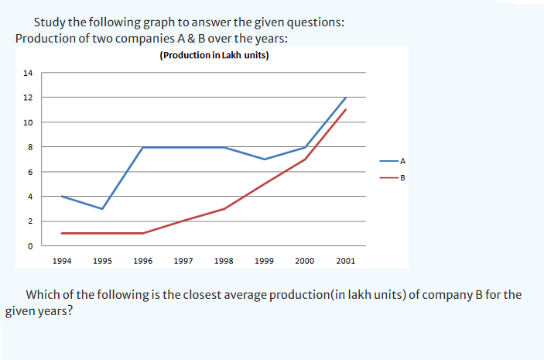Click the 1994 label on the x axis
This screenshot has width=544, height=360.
coord(62,261)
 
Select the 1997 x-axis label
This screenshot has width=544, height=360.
coord(183,261)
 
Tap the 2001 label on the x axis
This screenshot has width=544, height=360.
coord(345,261)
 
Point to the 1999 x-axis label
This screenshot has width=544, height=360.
coord(265,261)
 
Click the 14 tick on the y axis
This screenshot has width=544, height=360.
coord(28,73)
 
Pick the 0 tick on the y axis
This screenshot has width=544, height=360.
coord(29,246)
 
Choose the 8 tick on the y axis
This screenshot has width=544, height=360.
coord(29,147)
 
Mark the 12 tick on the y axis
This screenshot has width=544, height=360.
coord(28,98)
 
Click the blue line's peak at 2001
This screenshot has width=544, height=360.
coord(345,98)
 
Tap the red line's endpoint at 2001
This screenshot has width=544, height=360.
coord(345,110)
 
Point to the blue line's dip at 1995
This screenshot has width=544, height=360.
coord(102,209)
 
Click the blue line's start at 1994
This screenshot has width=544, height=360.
coord(62,196)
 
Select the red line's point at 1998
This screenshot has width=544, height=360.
coord(224,209)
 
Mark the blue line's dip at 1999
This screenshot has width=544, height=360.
coord(265,159)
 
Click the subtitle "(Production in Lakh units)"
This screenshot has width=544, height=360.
coord(214,55)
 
